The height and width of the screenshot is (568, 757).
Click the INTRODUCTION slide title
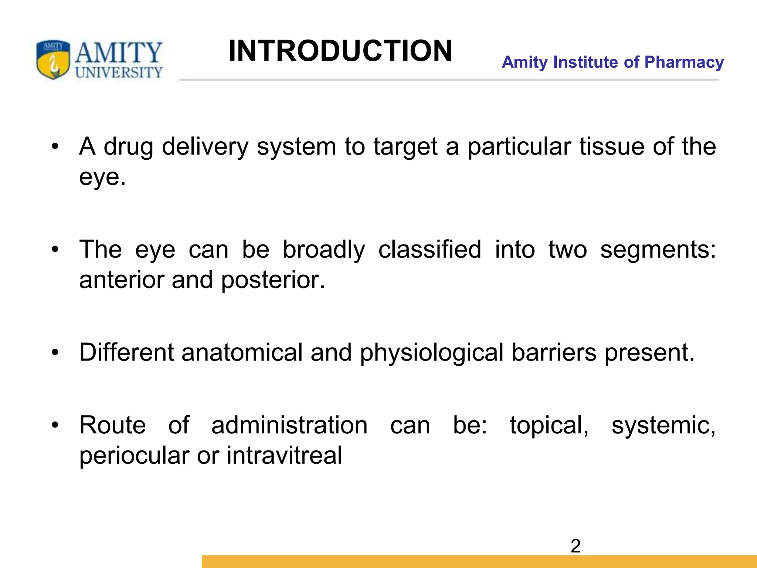point(340,51)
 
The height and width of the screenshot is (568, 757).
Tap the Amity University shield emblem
point(53,59)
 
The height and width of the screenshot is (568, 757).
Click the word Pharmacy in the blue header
point(684,62)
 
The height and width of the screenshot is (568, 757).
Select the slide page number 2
point(576,546)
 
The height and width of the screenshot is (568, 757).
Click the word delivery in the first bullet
point(205,146)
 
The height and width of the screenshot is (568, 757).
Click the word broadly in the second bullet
point(324,250)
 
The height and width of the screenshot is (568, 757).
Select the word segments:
point(658,250)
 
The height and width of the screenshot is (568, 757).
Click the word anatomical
point(242,352)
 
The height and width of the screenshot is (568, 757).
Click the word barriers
point(554,352)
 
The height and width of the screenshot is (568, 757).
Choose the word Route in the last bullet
point(112,425)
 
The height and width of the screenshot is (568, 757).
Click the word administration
point(289,425)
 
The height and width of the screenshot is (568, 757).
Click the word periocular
point(134,456)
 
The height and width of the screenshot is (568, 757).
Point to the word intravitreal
point(284,455)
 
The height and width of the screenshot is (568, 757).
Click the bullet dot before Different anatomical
point(55,352)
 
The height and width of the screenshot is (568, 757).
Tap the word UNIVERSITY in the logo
point(119,72)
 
